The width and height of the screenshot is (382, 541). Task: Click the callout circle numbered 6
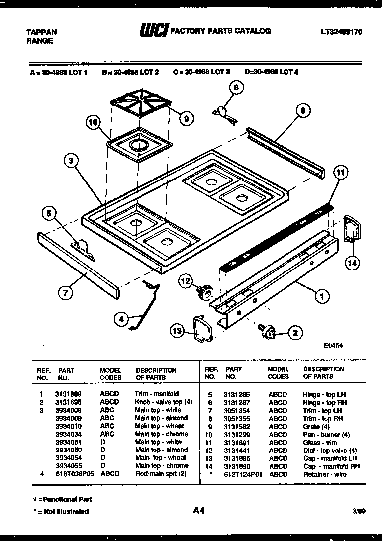click(x=236, y=88)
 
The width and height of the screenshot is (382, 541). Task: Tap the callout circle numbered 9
click(x=186, y=118)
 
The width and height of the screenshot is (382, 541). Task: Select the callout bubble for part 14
click(x=352, y=264)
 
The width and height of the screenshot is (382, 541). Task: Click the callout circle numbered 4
click(x=121, y=319)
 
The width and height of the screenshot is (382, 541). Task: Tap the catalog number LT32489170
click(x=341, y=32)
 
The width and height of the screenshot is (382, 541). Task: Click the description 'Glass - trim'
click(x=320, y=443)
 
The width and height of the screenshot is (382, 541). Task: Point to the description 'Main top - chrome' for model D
click(x=161, y=466)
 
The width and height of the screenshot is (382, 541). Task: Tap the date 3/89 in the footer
click(x=358, y=511)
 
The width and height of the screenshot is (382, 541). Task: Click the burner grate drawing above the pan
click(x=140, y=106)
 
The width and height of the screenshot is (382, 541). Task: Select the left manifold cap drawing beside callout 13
click(x=203, y=330)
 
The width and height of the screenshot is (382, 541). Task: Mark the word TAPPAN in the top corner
click(x=41, y=32)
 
